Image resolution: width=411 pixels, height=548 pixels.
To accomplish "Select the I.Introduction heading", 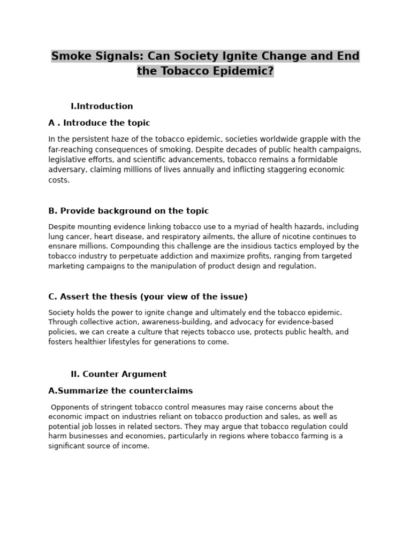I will pos(102,106).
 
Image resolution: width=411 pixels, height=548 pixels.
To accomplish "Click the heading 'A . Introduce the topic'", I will pos(99,123).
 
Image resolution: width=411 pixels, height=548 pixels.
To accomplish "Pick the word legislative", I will pos(66,159).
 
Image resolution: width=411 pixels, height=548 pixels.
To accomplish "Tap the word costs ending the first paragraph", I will pos(58,180).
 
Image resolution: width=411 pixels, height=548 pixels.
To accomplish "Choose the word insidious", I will pos(252,246).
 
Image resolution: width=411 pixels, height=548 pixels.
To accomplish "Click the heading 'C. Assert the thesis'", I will pos(148,296).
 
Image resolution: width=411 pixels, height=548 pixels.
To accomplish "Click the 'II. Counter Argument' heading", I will pos(118,374).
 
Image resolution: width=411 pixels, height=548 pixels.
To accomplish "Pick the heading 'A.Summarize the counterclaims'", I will pos(120,391).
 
